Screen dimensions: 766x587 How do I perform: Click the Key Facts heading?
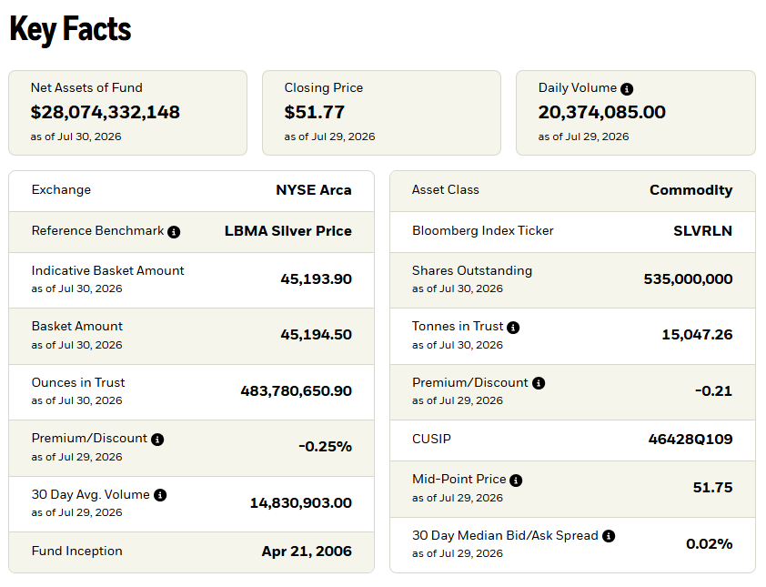tap(70, 29)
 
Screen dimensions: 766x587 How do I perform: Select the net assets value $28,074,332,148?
tap(105, 113)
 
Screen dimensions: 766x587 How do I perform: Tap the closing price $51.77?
tap(314, 113)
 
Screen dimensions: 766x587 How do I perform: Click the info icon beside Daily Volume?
tap(627, 89)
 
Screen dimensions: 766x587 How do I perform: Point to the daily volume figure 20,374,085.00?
tap(602, 113)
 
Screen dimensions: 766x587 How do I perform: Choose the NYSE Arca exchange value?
tap(314, 190)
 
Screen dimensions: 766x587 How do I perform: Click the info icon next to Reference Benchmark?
tap(174, 232)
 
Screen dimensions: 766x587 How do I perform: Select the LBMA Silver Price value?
tap(288, 231)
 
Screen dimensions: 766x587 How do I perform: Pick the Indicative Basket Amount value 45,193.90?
tap(316, 279)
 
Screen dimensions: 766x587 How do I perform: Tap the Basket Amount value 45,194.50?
tap(316, 335)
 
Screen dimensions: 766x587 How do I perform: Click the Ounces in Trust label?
tap(78, 383)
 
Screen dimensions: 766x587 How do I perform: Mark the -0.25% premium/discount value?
tap(326, 447)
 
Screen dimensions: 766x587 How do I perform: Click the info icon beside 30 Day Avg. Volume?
tap(160, 495)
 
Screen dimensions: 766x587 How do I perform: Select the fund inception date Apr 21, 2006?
tap(307, 552)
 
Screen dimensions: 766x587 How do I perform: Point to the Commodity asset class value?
tap(690, 190)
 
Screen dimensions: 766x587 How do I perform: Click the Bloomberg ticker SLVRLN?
tap(703, 231)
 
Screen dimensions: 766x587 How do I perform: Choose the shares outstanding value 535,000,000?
tap(688, 279)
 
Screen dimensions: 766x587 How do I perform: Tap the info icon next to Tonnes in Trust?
tap(513, 328)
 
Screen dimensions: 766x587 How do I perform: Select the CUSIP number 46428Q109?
tap(690, 440)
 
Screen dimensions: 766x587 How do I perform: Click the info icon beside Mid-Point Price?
tap(516, 481)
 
